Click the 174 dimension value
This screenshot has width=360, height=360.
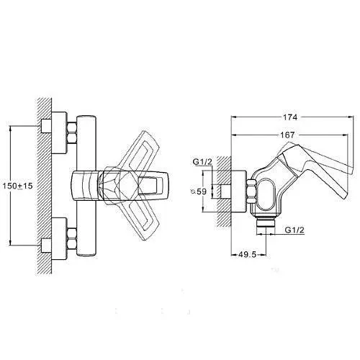pos(290,117)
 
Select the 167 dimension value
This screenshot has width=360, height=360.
pos(287,135)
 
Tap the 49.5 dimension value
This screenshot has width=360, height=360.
pos(248,254)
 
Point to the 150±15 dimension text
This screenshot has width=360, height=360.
pos(17,186)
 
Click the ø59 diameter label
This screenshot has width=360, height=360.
pos(199,192)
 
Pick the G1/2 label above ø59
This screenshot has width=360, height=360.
pos(202,162)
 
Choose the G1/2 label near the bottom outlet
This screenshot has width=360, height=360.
pos(294,230)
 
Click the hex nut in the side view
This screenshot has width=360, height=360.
pos(252,192)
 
